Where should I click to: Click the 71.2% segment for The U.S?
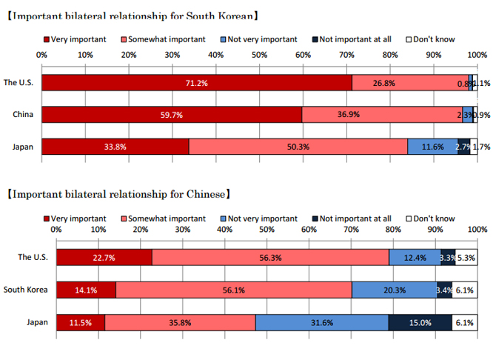coord(196,83)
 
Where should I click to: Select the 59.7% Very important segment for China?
coord(172,115)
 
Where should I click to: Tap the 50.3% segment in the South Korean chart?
coord(298,147)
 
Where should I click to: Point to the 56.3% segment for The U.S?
coord(270,257)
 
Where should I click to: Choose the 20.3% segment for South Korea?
coord(394,289)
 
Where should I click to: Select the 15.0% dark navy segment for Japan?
coord(420,321)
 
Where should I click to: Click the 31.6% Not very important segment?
coord(322,321)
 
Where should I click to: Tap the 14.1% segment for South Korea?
coord(86,289)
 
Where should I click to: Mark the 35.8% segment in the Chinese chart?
coord(181,321)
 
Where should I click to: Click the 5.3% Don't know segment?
coord(466,257)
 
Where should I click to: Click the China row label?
coord(22,115)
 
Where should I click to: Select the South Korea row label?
coord(26,289)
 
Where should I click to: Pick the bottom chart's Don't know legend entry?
coord(432,219)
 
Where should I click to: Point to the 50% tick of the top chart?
coord(258,55)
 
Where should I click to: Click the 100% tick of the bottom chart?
coord(476,230)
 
